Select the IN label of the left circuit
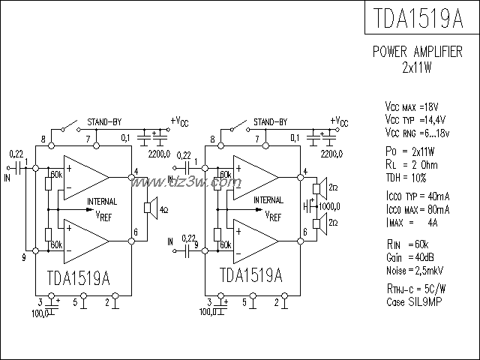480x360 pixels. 8,178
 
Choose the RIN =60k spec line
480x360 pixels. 408,245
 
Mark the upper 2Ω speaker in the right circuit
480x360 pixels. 319,187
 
